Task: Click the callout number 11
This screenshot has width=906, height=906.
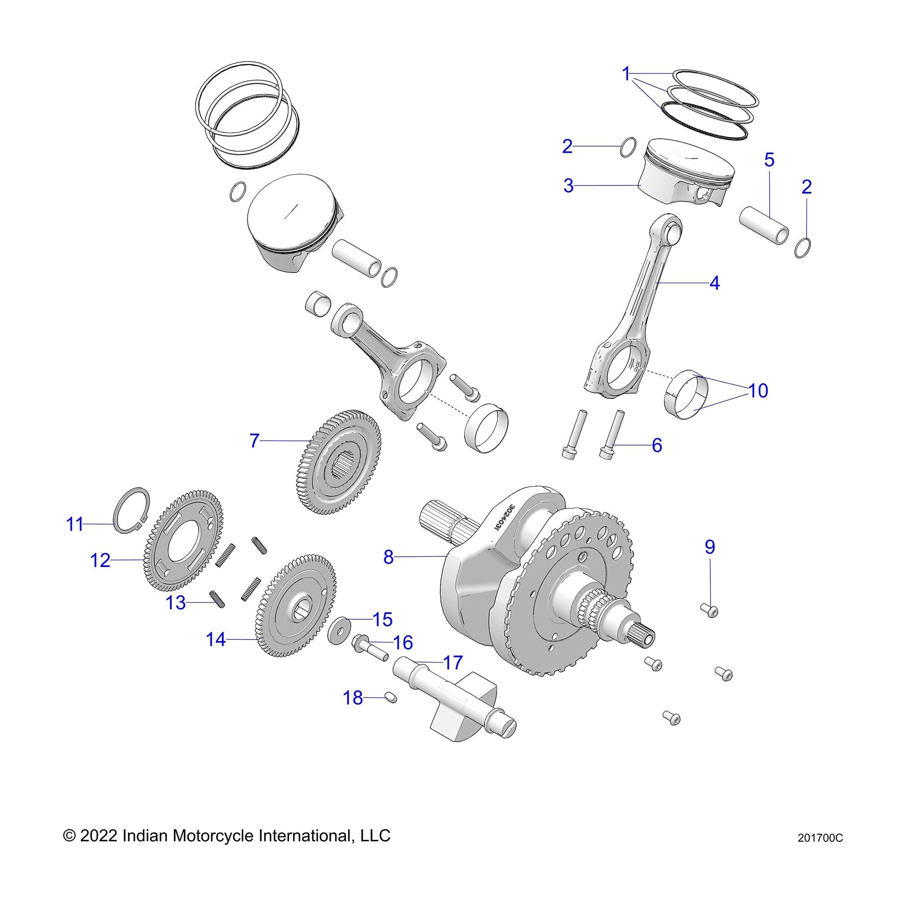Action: tap(74, 524)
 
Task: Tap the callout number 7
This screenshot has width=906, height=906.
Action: tap(254, 441)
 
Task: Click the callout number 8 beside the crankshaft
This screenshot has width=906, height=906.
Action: tap(388, 557)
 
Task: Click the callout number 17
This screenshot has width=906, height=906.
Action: tap(453, 663)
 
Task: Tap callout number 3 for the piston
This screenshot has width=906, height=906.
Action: tap(568, 186)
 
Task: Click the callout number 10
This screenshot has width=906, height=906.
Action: tap(758, 391)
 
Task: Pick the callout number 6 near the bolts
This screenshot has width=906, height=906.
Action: tap(656, 445)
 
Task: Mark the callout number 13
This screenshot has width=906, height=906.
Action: tap(176, 603)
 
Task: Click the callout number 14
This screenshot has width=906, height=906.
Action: tap(216, 640)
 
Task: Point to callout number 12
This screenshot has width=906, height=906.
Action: tap(100, 561)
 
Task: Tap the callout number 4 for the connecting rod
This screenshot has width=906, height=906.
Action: tap(714, 283)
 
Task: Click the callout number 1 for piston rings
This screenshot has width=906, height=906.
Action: tap(626, 74)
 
